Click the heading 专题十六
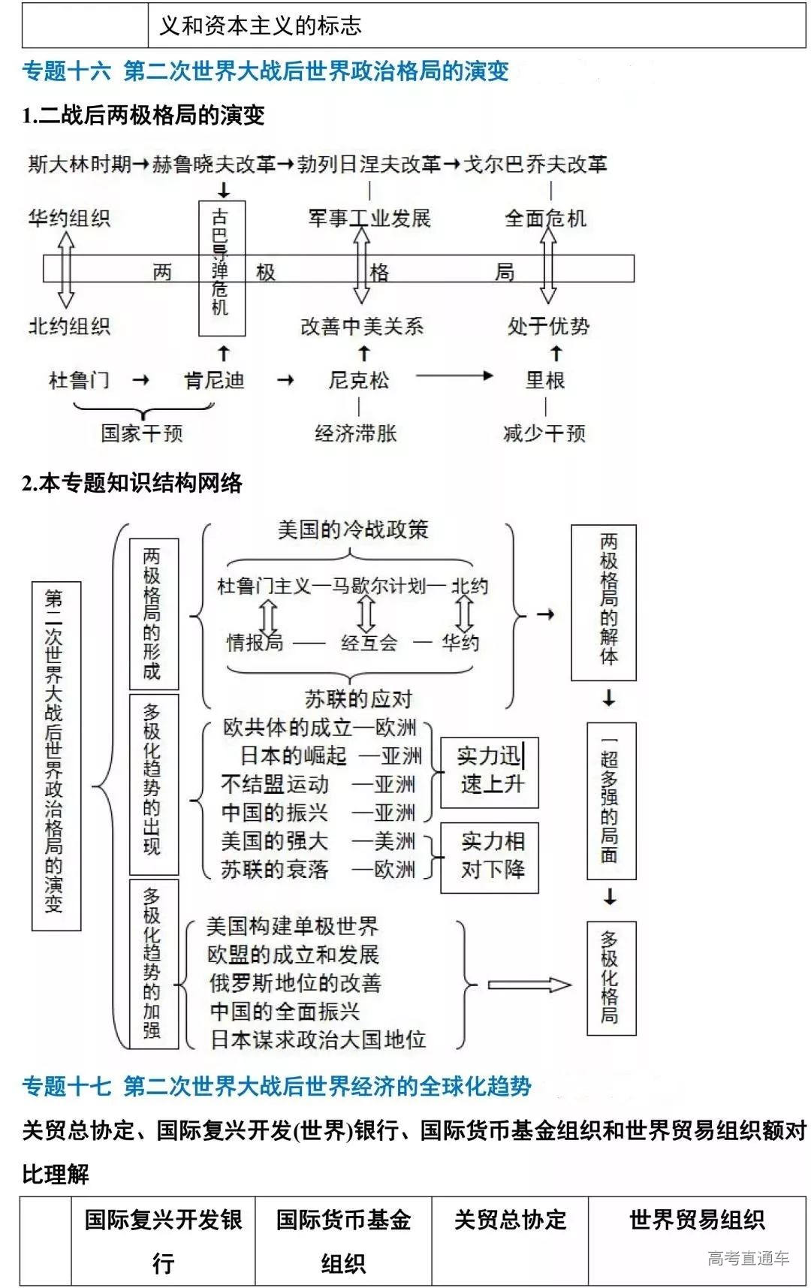coord(66,71)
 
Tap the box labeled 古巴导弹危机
coord(222,267)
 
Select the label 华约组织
coord(69,219)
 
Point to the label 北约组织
coord(69,326)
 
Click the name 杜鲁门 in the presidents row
coord(79,380)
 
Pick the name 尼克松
coord(359,380)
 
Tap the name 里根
coord(545,380)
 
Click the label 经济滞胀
coord(356,433)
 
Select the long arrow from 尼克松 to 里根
coord(454,376)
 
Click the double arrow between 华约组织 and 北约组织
coord(66,269)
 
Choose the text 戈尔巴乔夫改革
coord(535,164)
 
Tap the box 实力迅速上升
coord(490,772)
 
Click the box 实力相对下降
coord(490,858)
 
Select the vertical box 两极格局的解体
coord(604,602)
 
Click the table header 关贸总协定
coord(510,1220)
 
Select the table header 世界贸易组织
coord(696,1220)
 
